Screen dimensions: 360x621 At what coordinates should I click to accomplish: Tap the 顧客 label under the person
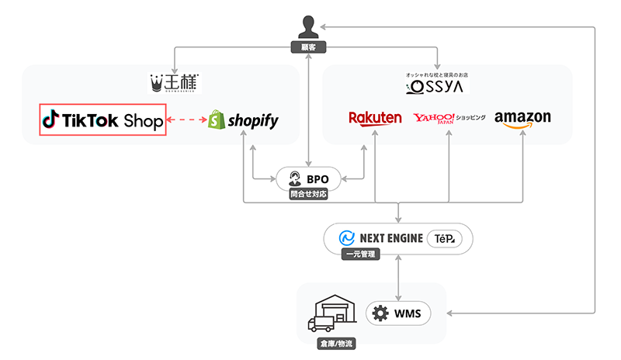pos(310,48)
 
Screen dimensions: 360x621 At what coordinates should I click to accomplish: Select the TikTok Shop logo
pos(102,120)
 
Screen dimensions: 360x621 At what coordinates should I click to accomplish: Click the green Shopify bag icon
pos(215,120)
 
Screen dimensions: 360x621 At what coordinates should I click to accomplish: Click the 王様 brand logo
pos(175,81)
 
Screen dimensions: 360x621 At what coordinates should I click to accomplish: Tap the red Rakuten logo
pos(375,118)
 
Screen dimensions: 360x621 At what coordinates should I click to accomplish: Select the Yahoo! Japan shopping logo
pos(449,118)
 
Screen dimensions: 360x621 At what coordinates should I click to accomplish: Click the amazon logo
pos(522,119)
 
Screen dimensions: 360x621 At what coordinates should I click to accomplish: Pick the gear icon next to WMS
pos(380,313)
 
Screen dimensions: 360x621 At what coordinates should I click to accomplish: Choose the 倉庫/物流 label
pos(329,341)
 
